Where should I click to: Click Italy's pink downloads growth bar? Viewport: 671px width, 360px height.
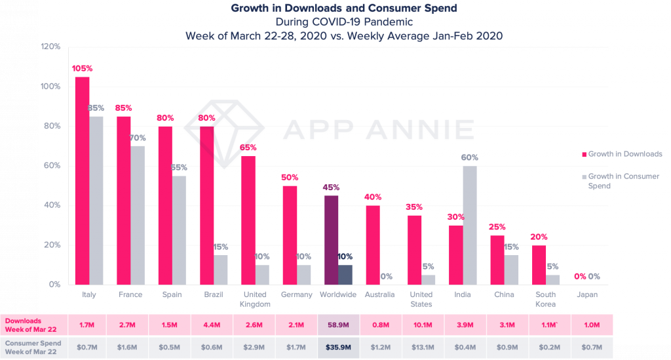(x=83, y=180)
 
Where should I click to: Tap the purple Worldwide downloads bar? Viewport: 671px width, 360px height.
(x=332, y=239)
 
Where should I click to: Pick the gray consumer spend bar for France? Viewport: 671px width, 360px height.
(x=137, y=215)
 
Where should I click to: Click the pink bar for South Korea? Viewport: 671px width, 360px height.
(x=539, y=264)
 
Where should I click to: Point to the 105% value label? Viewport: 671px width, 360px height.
(x=83, y=68)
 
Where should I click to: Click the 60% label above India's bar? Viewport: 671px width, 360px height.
(x=470, y=157)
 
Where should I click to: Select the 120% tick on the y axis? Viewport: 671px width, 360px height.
(x=51, y=47)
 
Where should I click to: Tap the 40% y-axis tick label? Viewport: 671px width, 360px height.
(x=53, y=205)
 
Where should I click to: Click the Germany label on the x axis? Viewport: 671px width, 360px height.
(x=297, y=294)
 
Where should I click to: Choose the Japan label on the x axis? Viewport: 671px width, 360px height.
(x=587, y=294)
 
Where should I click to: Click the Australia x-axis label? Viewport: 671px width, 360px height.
(x=380, y=294)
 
